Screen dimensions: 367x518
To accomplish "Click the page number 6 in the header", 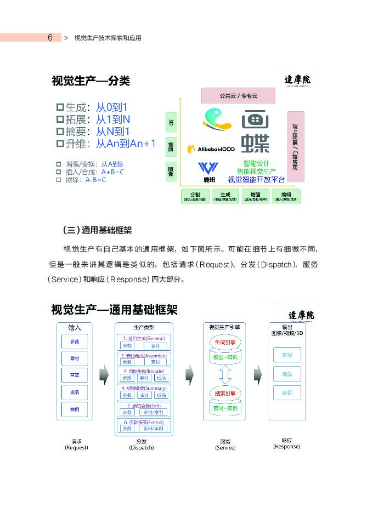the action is coord(50,37).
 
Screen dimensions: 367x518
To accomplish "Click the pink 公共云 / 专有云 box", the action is coord(238,95).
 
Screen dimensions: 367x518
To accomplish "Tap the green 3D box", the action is coord(171,122).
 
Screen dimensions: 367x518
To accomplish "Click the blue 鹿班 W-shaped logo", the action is coord(208,168).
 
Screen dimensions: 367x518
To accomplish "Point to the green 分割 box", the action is coord(195,196).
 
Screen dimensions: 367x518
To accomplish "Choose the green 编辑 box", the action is coord(286,196).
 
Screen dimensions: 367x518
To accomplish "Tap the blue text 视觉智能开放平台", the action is coord(256,180).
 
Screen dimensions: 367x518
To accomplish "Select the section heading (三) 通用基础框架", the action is coord(97,229).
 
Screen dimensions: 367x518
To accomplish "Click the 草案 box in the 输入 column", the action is coord(75,375).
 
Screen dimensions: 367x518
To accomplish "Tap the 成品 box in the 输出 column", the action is coord(287,374).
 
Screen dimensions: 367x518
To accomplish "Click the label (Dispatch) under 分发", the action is coord(142,448).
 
